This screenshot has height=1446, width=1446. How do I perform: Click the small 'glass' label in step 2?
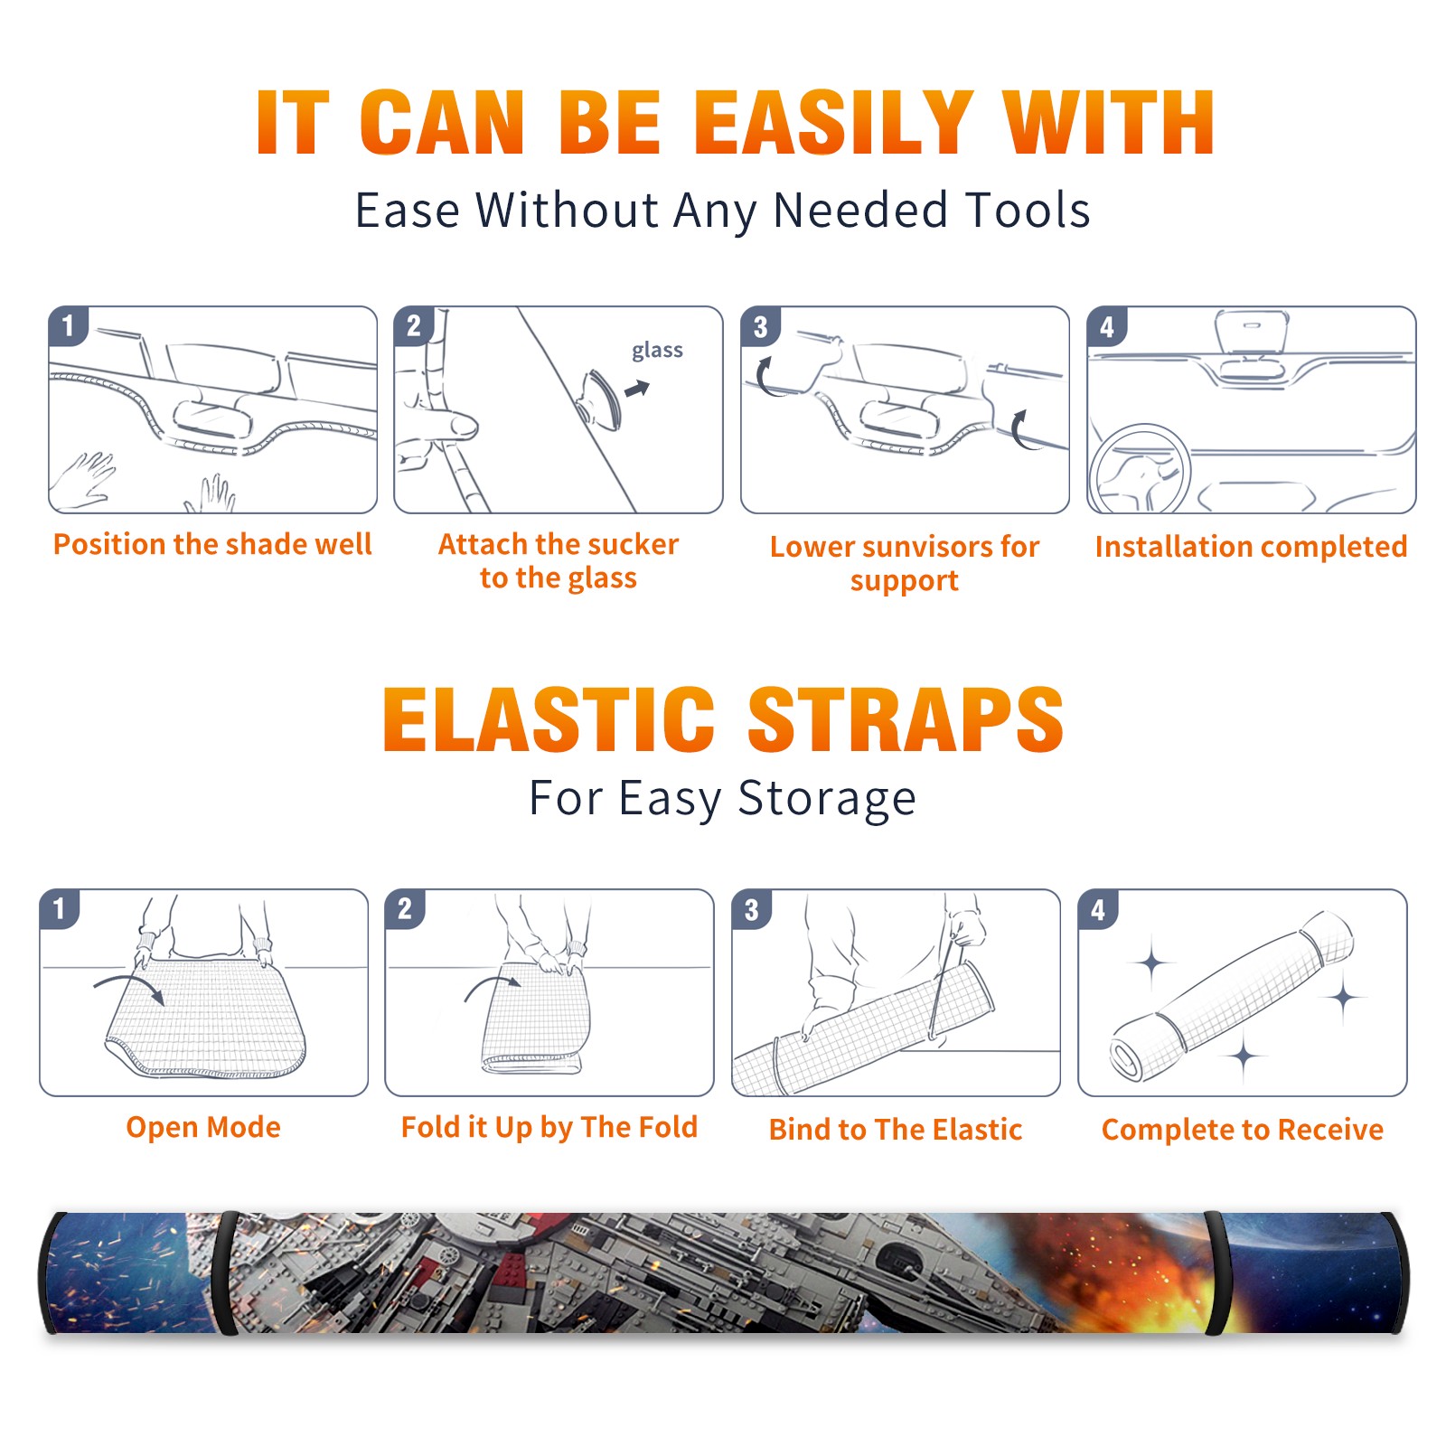657,350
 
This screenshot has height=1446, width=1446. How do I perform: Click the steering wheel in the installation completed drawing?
1140,468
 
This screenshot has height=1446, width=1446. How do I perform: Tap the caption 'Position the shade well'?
212,544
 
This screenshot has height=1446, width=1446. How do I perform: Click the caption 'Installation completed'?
1251,547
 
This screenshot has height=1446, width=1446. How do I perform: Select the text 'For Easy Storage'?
722,798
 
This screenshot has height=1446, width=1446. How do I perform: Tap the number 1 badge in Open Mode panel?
60,908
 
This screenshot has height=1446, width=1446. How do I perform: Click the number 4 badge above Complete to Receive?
1098,909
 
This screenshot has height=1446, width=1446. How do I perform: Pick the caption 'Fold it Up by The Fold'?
549,1127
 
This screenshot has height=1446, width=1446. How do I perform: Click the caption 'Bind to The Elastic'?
896,1130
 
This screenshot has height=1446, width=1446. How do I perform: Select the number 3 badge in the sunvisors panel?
760,326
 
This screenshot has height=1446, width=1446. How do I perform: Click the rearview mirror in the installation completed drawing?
1252,331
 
